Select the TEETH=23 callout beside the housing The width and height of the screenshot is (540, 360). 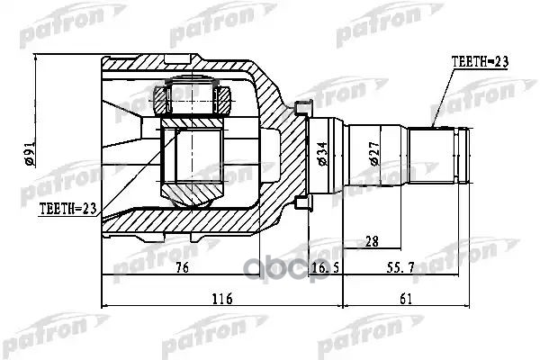pyautogui.click(x=67, y=208)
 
